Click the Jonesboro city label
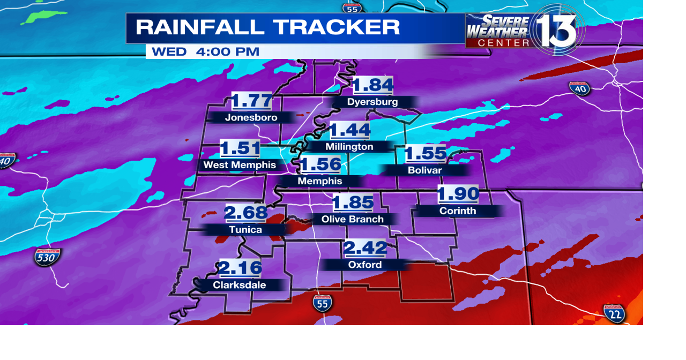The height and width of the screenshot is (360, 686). point(251,118)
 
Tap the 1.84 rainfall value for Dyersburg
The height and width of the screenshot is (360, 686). point(373,85)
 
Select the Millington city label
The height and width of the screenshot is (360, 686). point(349,147)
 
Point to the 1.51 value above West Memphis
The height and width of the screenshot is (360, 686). point(240,148)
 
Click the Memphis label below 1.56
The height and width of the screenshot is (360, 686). point(320,182)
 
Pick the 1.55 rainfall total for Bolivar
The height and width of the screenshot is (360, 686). point(426,154)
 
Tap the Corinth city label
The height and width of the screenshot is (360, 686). point(458,211)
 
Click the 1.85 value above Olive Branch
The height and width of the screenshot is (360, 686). point(353,203)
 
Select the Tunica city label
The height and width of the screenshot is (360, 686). point(245,230)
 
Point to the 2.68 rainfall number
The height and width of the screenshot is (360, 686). point(245,213)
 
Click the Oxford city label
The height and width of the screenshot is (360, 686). point(365,265)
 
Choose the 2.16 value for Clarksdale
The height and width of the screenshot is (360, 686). point(241,268)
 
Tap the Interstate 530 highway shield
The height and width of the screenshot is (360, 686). point(47,258)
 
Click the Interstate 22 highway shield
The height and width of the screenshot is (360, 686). point(614,313)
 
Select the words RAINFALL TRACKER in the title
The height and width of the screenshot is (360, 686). point(267,27)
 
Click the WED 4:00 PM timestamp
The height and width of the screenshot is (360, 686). point(205,52)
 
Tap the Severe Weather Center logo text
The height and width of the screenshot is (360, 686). point(497,31)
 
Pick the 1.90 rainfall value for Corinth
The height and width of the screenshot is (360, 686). point(458,194)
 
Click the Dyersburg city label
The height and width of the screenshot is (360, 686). point(372,102)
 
